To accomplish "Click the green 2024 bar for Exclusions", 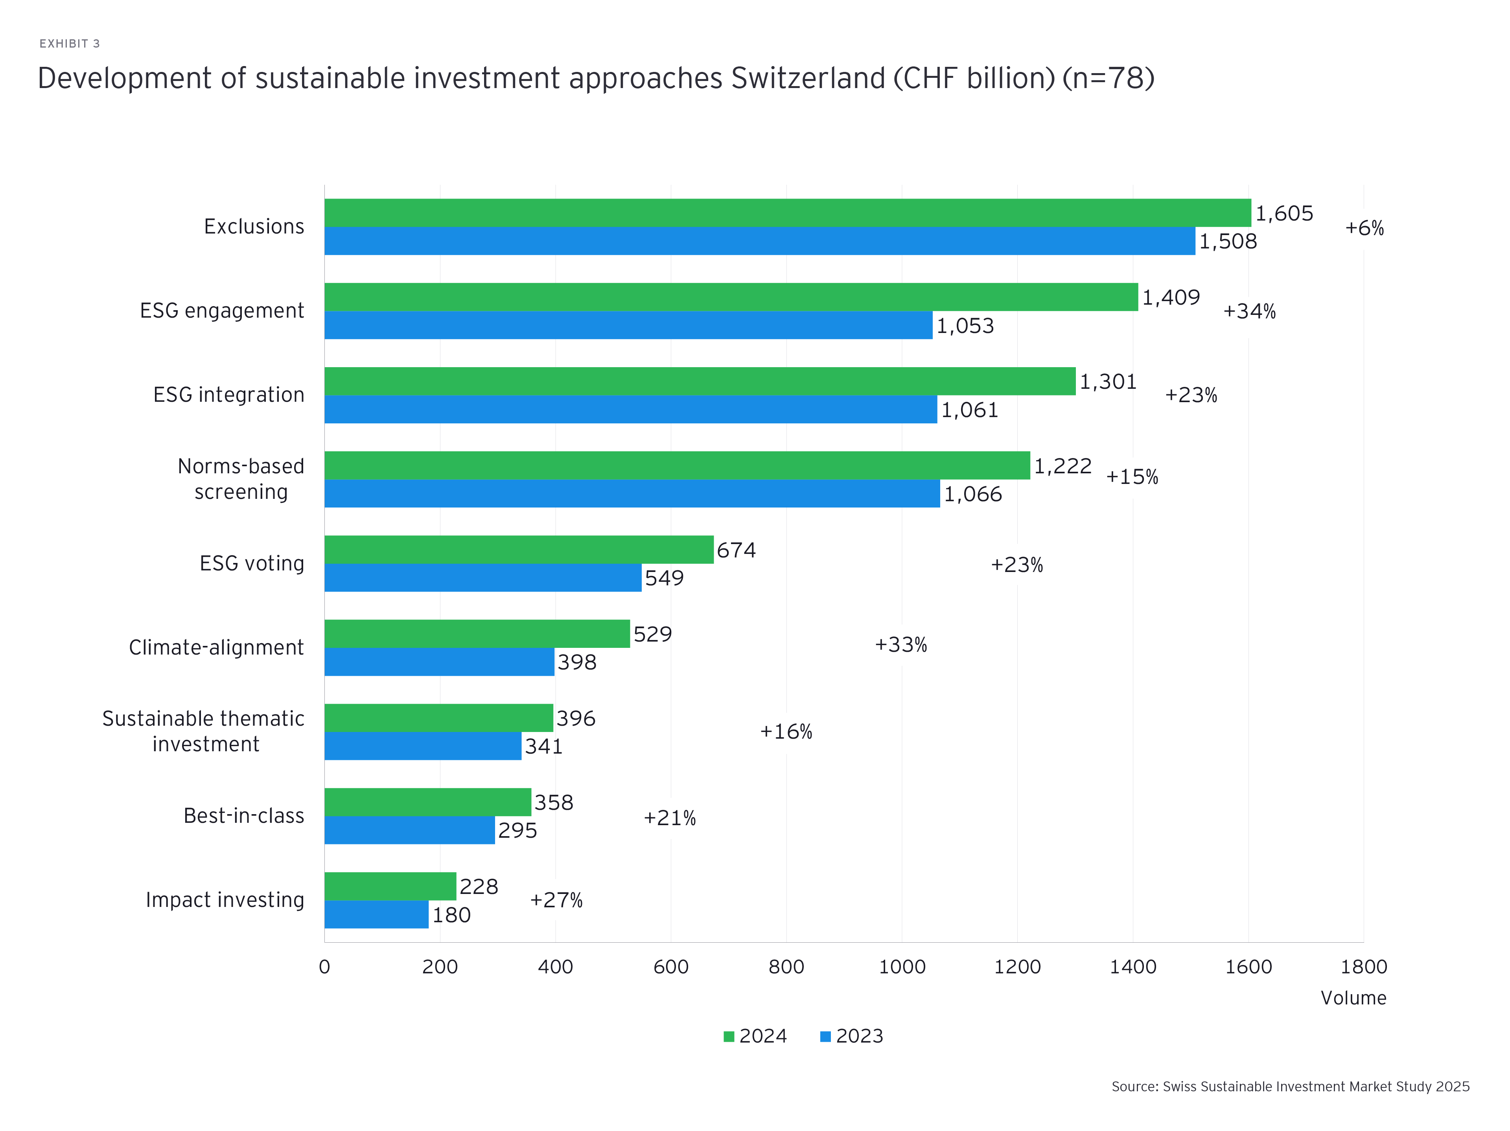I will (787, 213).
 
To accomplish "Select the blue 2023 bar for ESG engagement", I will (628, 325).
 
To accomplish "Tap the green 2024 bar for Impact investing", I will (390, 886).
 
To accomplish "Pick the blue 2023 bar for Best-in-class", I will (410, 830).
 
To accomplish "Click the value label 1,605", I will (1284, 213).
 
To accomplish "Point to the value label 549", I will (664, 578).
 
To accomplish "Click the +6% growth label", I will (1364, 228).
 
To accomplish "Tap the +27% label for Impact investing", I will (556, 900).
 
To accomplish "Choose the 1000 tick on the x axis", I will (902, 967).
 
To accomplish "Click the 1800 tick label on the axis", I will (1363, 967).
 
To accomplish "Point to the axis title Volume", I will (1353, 998).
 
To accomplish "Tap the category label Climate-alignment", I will (216, 647).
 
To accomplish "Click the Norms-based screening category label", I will (241, 479).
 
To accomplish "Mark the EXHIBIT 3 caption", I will (70, 44).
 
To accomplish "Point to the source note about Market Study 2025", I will (1290, 1086).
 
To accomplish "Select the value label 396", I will (575, 718).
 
